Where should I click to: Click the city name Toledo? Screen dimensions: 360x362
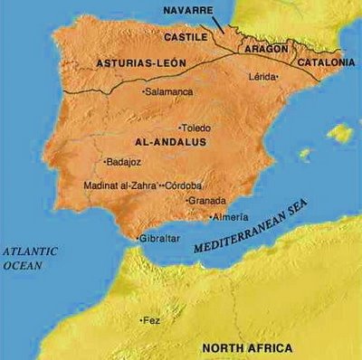point(198,128)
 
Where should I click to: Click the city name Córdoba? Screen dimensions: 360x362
point(185,185)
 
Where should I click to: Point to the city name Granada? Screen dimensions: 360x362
point(208,201)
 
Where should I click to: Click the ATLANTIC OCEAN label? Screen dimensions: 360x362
point(30,257)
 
